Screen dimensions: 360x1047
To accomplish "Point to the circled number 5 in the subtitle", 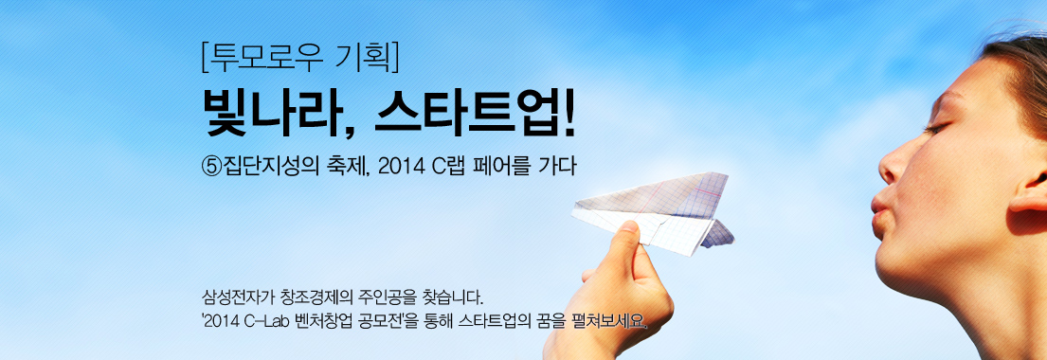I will (x=211, y=166).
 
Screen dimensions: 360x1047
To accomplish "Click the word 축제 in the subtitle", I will (x=345, y=166).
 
